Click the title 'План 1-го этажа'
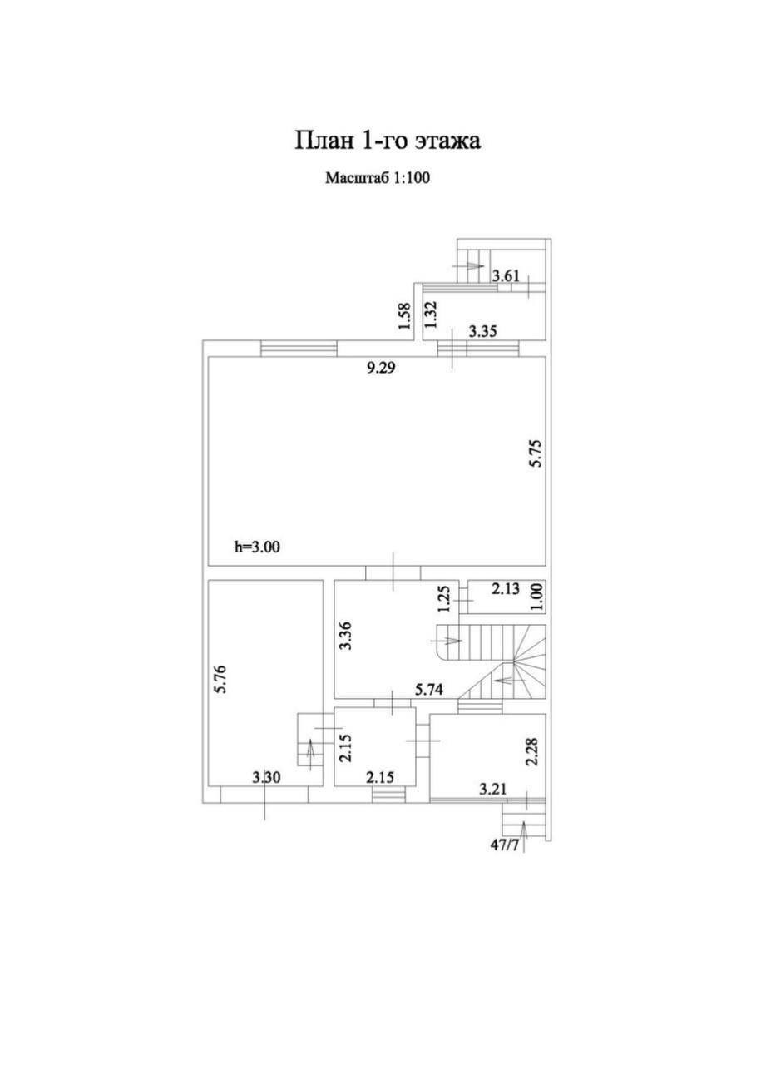click(388, 141)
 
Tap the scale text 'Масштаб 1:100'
click(378, 178)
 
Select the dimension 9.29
click(382, 368)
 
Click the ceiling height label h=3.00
click(257, 547)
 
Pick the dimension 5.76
click(220, 680)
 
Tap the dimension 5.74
click(429, 690)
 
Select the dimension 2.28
click(532, 750)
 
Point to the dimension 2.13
click(505, 590)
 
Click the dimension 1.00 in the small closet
click(537, 598)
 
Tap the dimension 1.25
click(444, 600)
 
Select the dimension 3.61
click(506, 275)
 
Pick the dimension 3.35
click(482, 331)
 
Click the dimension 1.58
click(404, 315)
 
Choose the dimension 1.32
click(431, 315)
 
